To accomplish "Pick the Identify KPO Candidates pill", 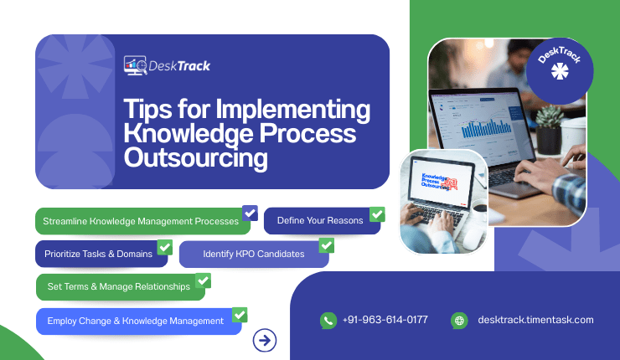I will [x=252, y=253].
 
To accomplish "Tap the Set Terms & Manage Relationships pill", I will [x=119, y=286].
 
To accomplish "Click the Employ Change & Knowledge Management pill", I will [x=136, y=321].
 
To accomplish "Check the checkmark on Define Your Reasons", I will [x=377, y=214].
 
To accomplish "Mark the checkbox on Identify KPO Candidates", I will [x=327, y=245].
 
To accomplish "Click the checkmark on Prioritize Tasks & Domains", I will [x=164, y=247].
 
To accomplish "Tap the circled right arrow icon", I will [x=265, y=339].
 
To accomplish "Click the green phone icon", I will [x=328, y=320].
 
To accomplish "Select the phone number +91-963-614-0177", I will [x=385, y=320].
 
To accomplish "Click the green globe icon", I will [x=458, y=320].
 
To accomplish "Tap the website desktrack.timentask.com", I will [x=535, y=320].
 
